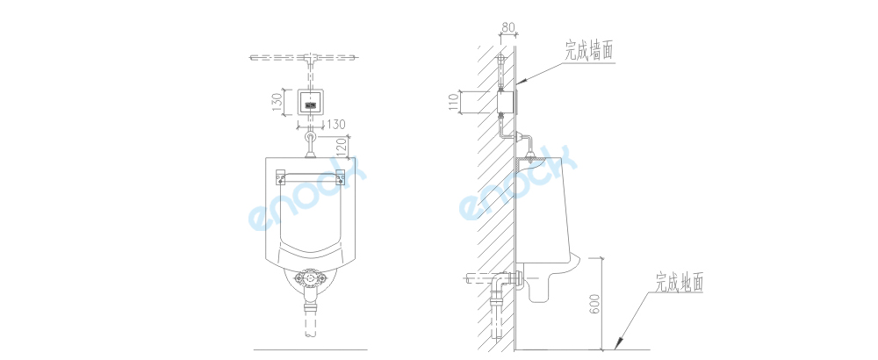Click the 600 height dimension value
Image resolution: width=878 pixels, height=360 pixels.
596,304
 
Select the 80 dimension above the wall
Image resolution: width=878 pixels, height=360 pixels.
507,26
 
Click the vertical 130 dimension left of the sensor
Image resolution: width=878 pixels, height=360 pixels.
277,103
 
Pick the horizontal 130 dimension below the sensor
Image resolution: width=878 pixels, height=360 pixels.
335,125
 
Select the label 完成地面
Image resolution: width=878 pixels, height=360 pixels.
680,283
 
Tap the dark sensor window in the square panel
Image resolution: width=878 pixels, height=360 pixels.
310,104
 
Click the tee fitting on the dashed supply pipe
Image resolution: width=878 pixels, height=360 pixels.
310,57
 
